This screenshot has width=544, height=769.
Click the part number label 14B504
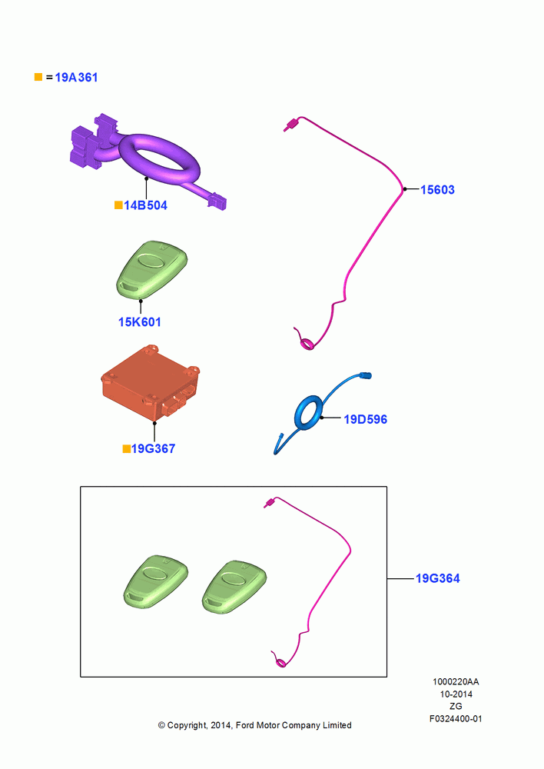tap(145, 205)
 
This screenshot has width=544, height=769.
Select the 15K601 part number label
tap(140, 322)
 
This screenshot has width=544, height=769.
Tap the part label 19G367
tap(153, 449)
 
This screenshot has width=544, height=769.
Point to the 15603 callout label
tap(438, 190)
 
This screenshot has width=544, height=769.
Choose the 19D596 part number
tap(366, 419)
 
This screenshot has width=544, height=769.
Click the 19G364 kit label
tap(438, 579)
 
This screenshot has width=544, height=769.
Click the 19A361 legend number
tap(77, 78)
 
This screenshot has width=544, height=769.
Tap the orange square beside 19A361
tap(38, 77)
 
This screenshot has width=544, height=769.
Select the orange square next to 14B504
tap(118, 205)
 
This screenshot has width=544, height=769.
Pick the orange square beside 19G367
tap(127, 449)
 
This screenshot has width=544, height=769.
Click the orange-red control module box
tap(151, 383)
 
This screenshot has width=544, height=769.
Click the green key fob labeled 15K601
tap(152, 269)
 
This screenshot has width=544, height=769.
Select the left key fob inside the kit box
tap(156, 582)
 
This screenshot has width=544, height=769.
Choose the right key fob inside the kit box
tap(234, 586)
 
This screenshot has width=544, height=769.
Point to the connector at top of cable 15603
tap(290, 125)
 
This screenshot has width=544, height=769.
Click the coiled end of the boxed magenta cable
tap(280, 660)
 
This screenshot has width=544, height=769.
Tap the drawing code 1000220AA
tap(456, 682)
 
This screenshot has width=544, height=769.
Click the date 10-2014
tap(456, 694)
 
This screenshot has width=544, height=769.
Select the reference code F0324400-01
tap(456, 719)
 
